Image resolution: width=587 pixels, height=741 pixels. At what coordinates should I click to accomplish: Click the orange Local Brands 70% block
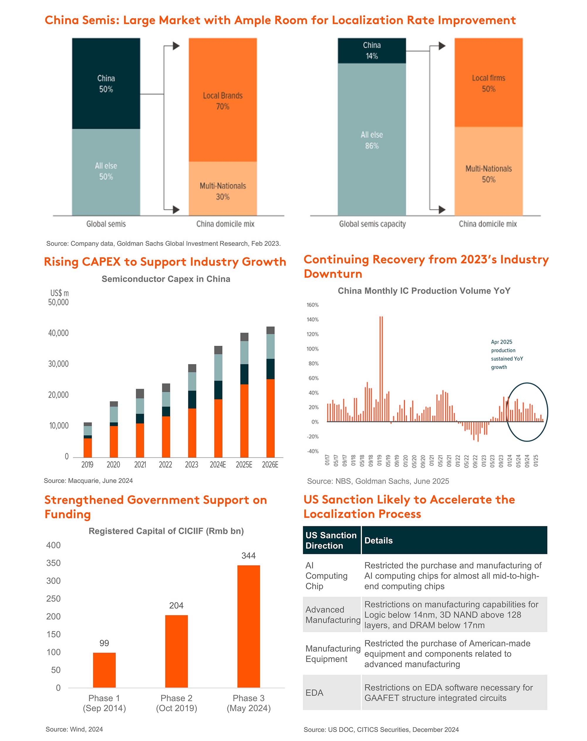[x=223, y=100]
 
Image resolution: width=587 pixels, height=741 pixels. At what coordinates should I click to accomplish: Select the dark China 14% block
[x=372, y=50]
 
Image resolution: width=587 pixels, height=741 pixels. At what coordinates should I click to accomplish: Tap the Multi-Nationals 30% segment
[x=223, y=189]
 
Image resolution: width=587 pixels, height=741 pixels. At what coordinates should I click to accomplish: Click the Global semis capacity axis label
[x=372, y=224]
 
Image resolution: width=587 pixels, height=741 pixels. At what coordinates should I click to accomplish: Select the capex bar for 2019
[x=88, y=440]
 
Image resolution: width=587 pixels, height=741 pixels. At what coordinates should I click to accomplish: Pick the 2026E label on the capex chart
[x=270, y=465]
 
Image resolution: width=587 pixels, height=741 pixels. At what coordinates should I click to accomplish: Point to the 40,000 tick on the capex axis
[x=58, y=333]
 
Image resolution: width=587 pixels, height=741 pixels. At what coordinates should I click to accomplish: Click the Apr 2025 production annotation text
[x=507, y=354]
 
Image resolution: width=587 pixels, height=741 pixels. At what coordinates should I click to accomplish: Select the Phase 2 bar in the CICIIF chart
[x=176, y=651]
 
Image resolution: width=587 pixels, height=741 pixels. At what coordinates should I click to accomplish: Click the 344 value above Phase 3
[x=249, y=556]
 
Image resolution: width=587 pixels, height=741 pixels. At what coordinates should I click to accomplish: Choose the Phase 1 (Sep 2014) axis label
[x=104, y=703]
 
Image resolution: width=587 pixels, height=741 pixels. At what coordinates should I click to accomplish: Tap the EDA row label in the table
[x=314, y=693]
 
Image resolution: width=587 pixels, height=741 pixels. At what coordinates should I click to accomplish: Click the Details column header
[x=378, y=540]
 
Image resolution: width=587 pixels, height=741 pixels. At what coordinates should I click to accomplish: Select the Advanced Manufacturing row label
[x=332, y=615]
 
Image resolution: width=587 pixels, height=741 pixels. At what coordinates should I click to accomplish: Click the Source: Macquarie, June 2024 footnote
[x=88, y=481]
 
